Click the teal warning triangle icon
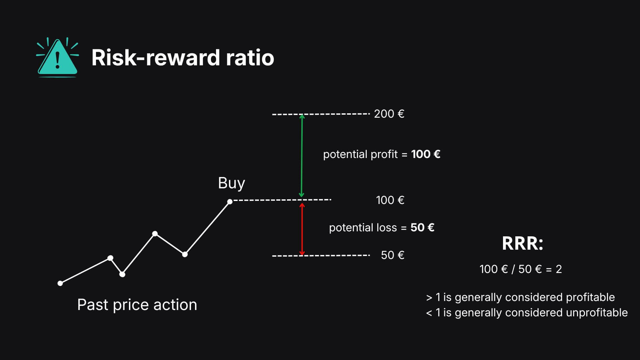[58, 57]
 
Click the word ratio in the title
[250, 58]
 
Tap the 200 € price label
[389, 114]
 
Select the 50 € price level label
[393, 255]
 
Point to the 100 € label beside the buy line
[390, 200]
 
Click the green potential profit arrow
[302, 156]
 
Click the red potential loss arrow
[302, 229]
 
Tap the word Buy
[231, 183]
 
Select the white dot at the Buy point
[230, 202]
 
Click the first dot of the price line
[60, 283]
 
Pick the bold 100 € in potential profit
[426, 154]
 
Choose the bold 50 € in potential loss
[422, 227]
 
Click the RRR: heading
[523, 243]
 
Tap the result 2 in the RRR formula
[559, 269]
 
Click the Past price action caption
[137, 305]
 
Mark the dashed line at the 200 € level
[321, 114]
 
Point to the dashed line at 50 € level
[321, 256]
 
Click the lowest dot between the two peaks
[122, 274]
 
